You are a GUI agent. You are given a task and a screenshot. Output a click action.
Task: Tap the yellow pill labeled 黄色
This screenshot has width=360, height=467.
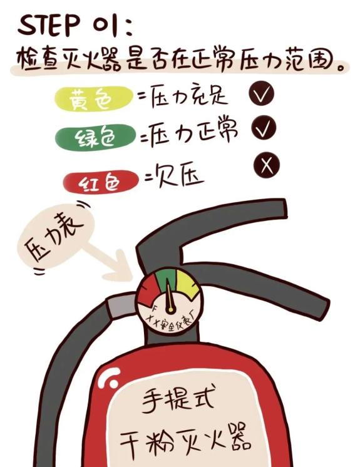tap(94, 98)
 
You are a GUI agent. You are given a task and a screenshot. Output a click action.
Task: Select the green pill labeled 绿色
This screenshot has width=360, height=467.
tap(95, 137)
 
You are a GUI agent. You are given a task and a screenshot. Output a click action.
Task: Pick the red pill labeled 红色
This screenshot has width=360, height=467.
tap(101, 182)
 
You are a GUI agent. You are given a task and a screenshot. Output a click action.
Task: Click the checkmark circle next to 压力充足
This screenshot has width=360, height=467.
tap(262, 93)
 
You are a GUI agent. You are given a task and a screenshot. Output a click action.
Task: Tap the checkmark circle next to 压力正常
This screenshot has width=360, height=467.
tap(264, 128)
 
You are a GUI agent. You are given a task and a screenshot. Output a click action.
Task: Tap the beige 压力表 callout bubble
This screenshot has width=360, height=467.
tap(55, 236)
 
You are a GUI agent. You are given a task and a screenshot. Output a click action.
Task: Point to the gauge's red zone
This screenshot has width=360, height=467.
tap(148, 292)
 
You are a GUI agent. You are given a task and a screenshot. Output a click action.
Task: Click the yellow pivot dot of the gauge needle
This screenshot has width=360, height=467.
tap(170, 310)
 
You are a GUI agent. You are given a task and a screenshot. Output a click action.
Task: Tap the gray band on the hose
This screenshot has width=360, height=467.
tap(121, 306)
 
